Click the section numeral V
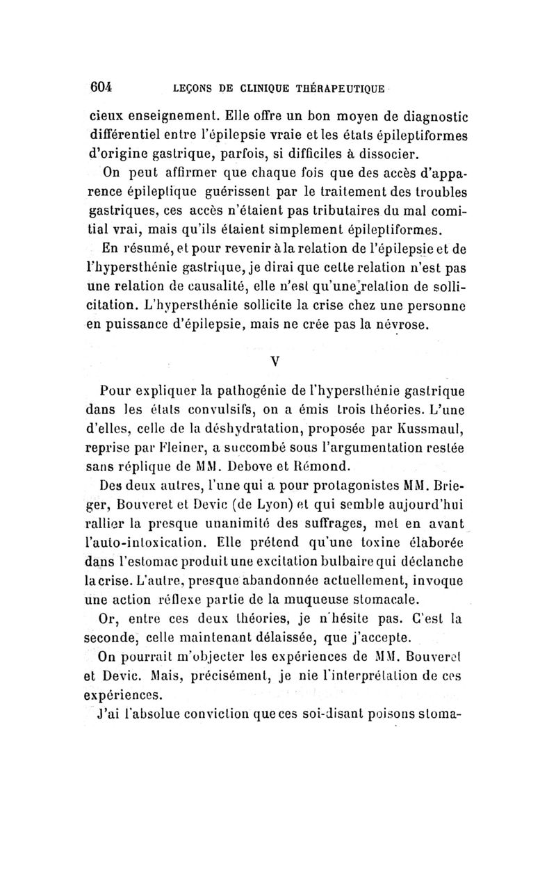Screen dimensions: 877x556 275,361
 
